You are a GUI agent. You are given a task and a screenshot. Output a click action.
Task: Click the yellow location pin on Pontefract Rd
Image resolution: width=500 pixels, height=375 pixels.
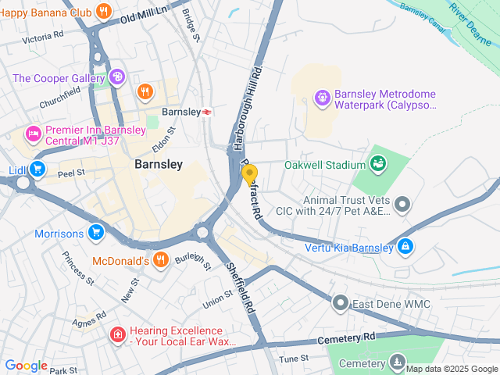click(250, 174)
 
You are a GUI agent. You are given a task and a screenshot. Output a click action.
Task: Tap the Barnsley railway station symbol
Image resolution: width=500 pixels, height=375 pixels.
click(207, 112)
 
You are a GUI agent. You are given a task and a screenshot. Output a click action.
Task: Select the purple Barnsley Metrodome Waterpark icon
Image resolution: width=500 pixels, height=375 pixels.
click(320, 98)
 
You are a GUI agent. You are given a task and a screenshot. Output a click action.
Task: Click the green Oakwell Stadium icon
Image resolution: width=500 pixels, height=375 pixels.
click(378, 164)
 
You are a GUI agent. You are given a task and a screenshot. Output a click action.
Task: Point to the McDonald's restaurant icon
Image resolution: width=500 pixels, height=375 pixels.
click(160, 260)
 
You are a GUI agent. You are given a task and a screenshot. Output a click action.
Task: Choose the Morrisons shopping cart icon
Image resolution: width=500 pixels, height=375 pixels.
click(96, 233)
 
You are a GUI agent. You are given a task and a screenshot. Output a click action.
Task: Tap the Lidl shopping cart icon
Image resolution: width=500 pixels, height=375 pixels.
click(37, 169)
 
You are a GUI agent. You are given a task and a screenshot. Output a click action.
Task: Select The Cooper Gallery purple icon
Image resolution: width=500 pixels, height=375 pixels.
click(116, 77)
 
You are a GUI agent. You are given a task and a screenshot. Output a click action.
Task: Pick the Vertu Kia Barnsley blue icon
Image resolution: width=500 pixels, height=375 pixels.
click(405, 248)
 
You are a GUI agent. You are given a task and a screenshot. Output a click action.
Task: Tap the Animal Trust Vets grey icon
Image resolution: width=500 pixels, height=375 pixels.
click(402, 205)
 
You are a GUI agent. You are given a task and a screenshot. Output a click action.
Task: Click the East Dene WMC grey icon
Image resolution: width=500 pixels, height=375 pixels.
click(340, 302)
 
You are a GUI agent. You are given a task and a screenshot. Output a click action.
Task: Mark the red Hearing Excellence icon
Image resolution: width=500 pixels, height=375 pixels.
click(117, 335)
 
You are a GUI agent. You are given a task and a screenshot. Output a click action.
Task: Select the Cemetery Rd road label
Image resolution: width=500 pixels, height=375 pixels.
click(347, 338)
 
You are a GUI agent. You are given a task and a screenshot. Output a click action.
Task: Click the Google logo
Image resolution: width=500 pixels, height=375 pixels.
click(26, 366)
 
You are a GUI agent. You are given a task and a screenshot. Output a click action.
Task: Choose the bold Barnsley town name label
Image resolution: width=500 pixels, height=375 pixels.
click(159, 164)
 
